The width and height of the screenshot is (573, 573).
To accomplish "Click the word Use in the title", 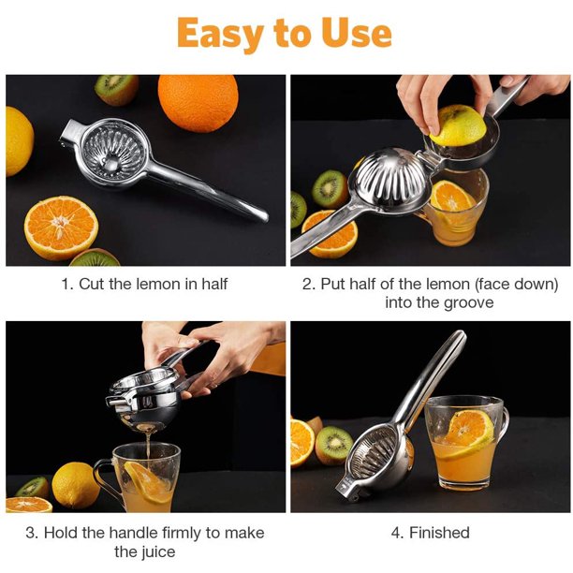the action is (357, 33).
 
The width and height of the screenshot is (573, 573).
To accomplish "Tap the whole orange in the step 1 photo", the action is (198, 102).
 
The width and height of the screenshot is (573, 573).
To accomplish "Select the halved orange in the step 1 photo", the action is (61, 228).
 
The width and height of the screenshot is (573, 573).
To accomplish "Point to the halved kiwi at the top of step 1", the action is (117, 89).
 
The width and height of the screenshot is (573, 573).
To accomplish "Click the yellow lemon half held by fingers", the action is (458, 125).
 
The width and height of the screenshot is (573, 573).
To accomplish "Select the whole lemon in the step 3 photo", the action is (76, 485).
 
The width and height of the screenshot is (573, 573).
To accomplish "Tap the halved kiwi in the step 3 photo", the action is (32, 487).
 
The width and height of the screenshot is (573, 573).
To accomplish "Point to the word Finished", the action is (439, 533).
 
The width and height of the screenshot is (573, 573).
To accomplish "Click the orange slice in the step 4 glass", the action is (467, 433).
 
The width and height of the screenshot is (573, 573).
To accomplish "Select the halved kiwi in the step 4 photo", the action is (333, 445).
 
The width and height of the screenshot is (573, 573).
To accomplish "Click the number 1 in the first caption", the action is (66, 285).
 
